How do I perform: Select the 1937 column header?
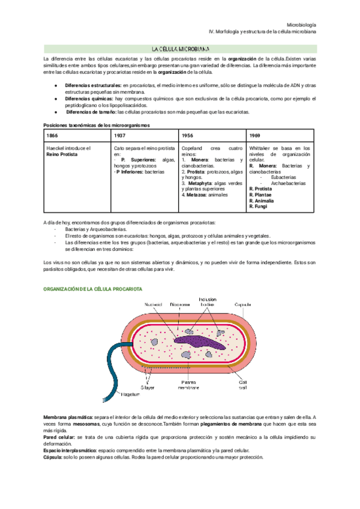tap(118, 136)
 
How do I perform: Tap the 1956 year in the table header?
tap(187, 136)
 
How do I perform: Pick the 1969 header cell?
tap(255, 136)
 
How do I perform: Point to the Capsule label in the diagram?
tap(243, 304)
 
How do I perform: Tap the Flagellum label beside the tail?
tap(131, 395)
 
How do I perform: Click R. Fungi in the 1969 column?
tap(258, 206)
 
